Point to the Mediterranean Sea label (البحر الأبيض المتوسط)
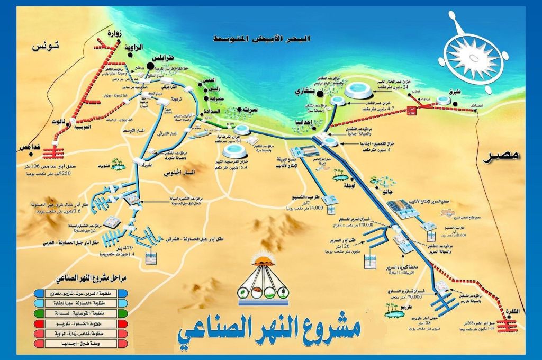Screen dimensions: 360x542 pos(262,39)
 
